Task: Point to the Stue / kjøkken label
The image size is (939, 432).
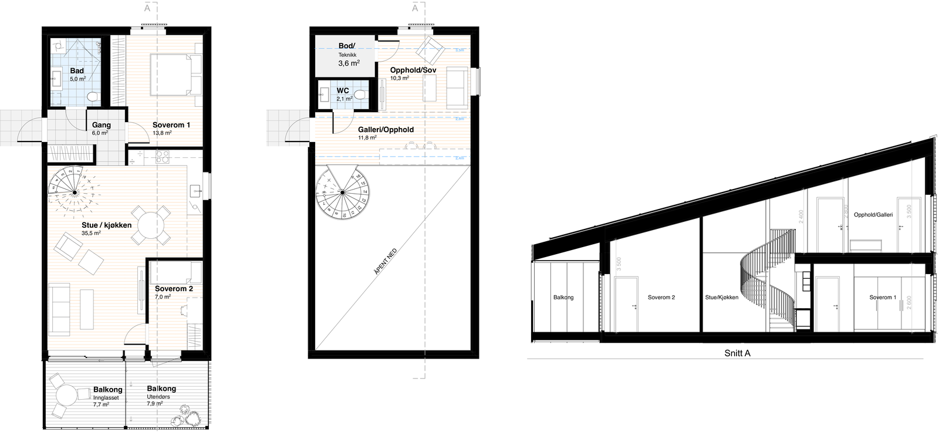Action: pyautogui.click(x=106, y=225)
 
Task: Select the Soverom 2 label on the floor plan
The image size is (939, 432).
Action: pyautogui.click(x=174, y=289)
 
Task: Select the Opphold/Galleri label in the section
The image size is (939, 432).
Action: pyautogui.click(x=873, y=215)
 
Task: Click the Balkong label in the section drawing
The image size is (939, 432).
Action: pyautogui.click(x=563, y=298)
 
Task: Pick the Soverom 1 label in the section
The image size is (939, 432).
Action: pyautogui.click(x=883, y=297)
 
